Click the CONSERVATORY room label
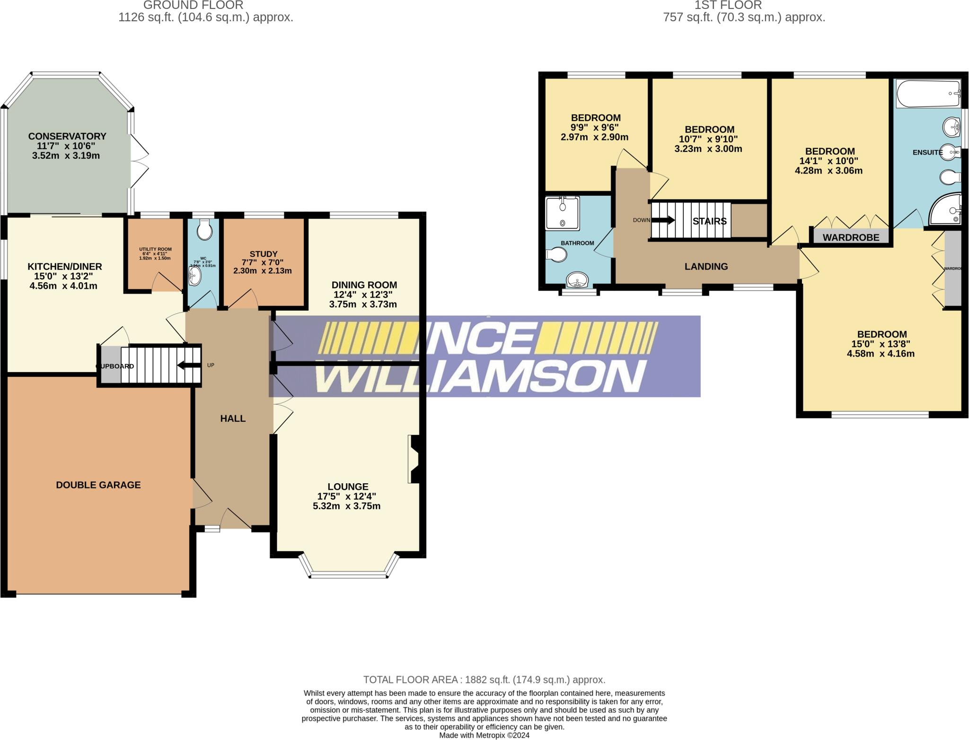tap(67, 136)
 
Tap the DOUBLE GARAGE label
tap(98, 485)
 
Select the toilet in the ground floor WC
tap(204, 231)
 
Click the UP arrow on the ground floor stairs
tap(189, 365)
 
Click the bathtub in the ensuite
tap(928, 94)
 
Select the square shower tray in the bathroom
tap(562, 214)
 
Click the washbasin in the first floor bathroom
tap(577, 280)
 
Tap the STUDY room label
tap(264, 254)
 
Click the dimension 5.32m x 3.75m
tap(347, 506)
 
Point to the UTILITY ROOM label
tap(155, 249)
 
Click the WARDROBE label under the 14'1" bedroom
tap(851, 237)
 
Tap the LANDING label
tap(706, 267)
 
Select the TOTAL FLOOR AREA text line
tap(484, 680)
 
